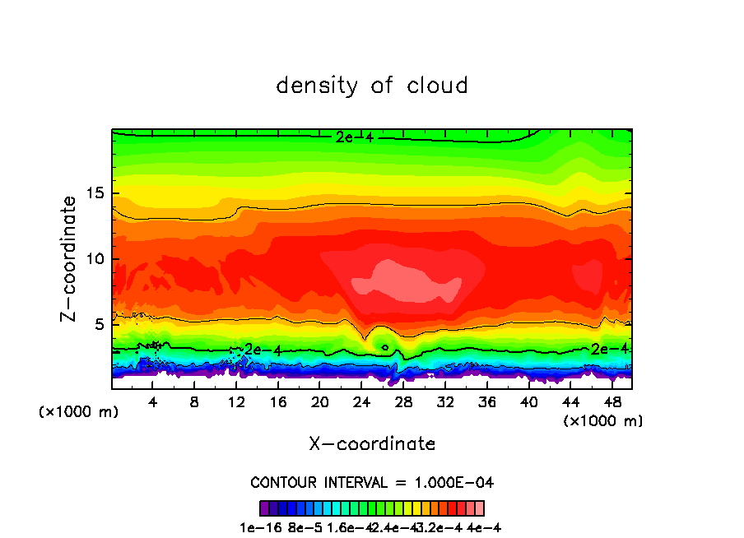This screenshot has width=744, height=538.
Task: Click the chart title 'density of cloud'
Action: [x=372, y=86]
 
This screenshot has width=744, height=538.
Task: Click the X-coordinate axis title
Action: [x=372, y=444]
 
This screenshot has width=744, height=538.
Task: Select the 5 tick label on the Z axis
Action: [x=99, y=324]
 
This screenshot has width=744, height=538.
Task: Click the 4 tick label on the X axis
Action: [x=152, y=403]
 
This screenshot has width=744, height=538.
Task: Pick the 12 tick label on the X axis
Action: [x=235, y=403]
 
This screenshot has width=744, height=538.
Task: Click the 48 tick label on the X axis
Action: [x=611, y=403]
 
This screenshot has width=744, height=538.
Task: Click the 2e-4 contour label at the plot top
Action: [x=354, y=137]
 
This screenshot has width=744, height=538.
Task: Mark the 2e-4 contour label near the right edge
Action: [x=610, y=349]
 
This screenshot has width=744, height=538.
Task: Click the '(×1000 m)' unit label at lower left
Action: [x=79, y=412]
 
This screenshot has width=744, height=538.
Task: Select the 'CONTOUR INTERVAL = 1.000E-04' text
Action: [x=372, y=482]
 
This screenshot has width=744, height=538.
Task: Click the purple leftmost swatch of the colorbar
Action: [x=264, y=508]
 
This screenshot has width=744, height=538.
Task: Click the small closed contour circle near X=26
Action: [x=385, y=348]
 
